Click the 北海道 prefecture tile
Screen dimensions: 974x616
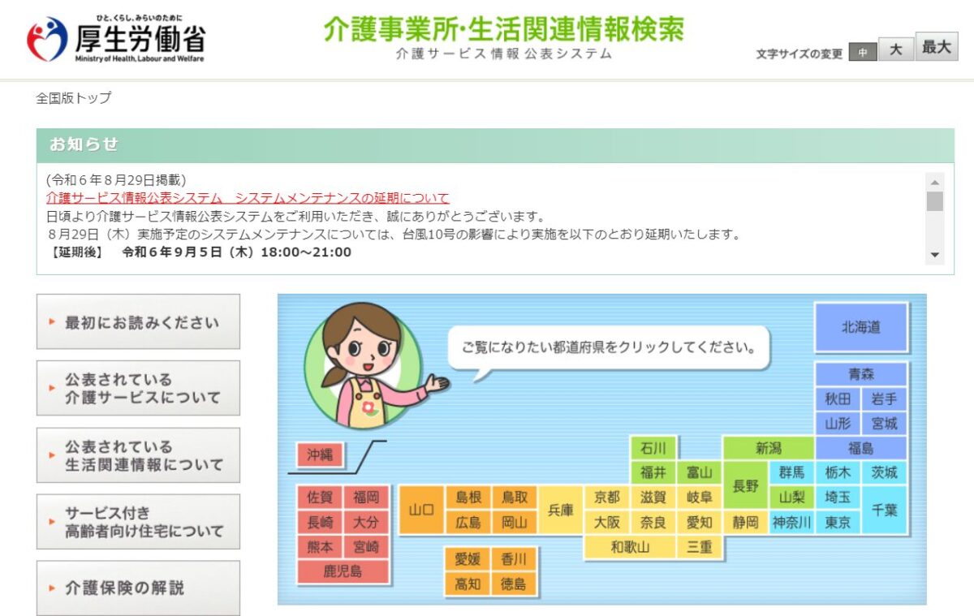[861, 327]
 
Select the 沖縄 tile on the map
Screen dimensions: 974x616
[320, 454]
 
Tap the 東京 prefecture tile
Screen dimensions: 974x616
[838, 522]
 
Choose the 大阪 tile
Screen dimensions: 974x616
[606, 522]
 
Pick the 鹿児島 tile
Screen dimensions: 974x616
[343, 571]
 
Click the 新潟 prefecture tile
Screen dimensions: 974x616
[769, 448]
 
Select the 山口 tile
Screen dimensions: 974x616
[421, 510]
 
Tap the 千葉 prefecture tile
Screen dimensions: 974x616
[884, 510]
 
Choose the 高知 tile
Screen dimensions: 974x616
[468, 584]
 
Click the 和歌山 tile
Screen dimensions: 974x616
[630, 547]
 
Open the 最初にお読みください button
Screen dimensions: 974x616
[138, 321]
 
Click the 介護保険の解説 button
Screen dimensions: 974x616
[138, 588]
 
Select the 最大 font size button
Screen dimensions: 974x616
[937, 46]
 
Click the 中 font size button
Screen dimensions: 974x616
[863, 52]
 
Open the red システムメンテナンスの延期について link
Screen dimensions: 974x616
[248, 198]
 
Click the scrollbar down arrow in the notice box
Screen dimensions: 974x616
[935, 255]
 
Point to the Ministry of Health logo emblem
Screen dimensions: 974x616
[47, 39]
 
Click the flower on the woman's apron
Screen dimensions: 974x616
[368, 407]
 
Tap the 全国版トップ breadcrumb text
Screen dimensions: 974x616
[74, 98]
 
